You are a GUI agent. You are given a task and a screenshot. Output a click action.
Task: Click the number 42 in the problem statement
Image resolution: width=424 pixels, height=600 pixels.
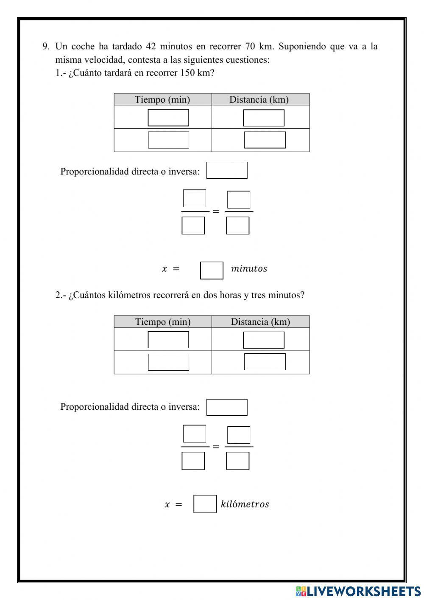click(151, 46)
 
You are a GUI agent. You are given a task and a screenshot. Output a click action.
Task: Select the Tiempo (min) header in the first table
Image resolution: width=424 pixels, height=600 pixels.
click(162, 100)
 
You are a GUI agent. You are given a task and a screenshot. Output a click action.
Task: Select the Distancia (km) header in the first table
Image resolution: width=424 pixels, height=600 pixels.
click(259, 100)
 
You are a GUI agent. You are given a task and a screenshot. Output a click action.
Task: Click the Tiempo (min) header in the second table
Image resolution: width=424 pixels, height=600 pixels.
click(163, 322)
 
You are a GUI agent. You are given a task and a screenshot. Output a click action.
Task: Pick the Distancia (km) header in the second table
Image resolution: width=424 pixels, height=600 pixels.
click(260, 322)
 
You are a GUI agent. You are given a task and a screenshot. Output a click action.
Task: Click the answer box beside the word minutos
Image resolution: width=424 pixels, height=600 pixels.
click(212, 270)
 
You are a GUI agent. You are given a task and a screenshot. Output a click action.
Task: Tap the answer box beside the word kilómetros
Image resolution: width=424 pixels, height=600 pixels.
click(205, 504)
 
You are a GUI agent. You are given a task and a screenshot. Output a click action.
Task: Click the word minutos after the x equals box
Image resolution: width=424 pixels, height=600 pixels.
click(249, 268)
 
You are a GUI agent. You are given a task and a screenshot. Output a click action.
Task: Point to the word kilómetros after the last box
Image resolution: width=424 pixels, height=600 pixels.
click(245, 504)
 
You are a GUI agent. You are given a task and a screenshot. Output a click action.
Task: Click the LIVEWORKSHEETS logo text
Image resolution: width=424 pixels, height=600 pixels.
click(363, 591)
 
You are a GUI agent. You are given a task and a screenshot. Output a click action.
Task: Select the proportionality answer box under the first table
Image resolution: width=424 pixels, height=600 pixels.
click(227, 170)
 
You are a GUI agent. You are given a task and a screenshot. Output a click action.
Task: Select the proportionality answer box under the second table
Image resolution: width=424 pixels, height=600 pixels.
click(227, 407)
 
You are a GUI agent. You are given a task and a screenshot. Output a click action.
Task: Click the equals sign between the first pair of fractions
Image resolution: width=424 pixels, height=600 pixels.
click(216, 211)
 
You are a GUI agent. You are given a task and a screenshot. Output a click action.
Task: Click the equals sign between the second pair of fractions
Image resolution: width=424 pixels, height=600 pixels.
click(216, 446)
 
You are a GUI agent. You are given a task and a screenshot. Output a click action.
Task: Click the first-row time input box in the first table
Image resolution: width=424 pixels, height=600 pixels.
click(168, 118)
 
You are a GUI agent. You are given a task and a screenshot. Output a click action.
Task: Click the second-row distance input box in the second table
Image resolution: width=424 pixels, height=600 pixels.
click(265, 362)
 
